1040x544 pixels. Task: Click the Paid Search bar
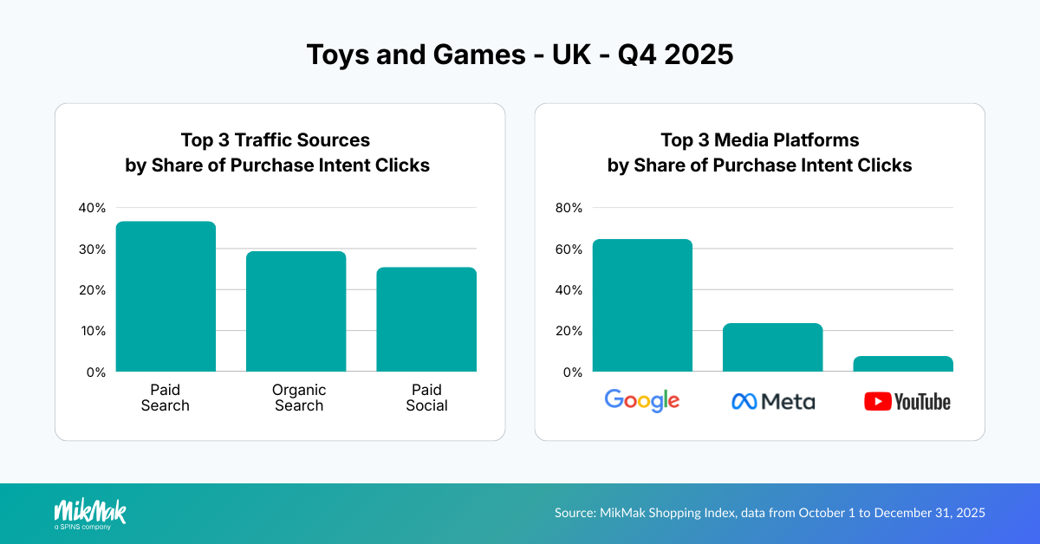(x=166, y=296)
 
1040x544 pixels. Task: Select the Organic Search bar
(x=296, y=311)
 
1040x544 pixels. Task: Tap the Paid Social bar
(x=426, y=319)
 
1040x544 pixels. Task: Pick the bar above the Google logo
(x=642, y=305)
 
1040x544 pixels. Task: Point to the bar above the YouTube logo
(x=902, y=364)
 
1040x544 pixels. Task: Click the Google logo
(x=642, y=400)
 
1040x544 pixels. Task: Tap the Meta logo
(x=773, y=401)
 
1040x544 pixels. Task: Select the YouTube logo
(x=907, y=402)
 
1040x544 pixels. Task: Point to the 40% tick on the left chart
(x=92, y=208)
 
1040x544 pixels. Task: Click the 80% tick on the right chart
(x=569, y=208)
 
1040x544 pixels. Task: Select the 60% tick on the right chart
(x=569, y=249)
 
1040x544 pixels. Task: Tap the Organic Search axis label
(x=299, y=398)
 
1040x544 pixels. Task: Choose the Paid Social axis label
(x=426, y=398)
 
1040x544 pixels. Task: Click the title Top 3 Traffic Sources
(x=276, y=140)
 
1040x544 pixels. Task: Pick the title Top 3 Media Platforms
(x=759, y=140)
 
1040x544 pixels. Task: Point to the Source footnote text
(x=770, y=513)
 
